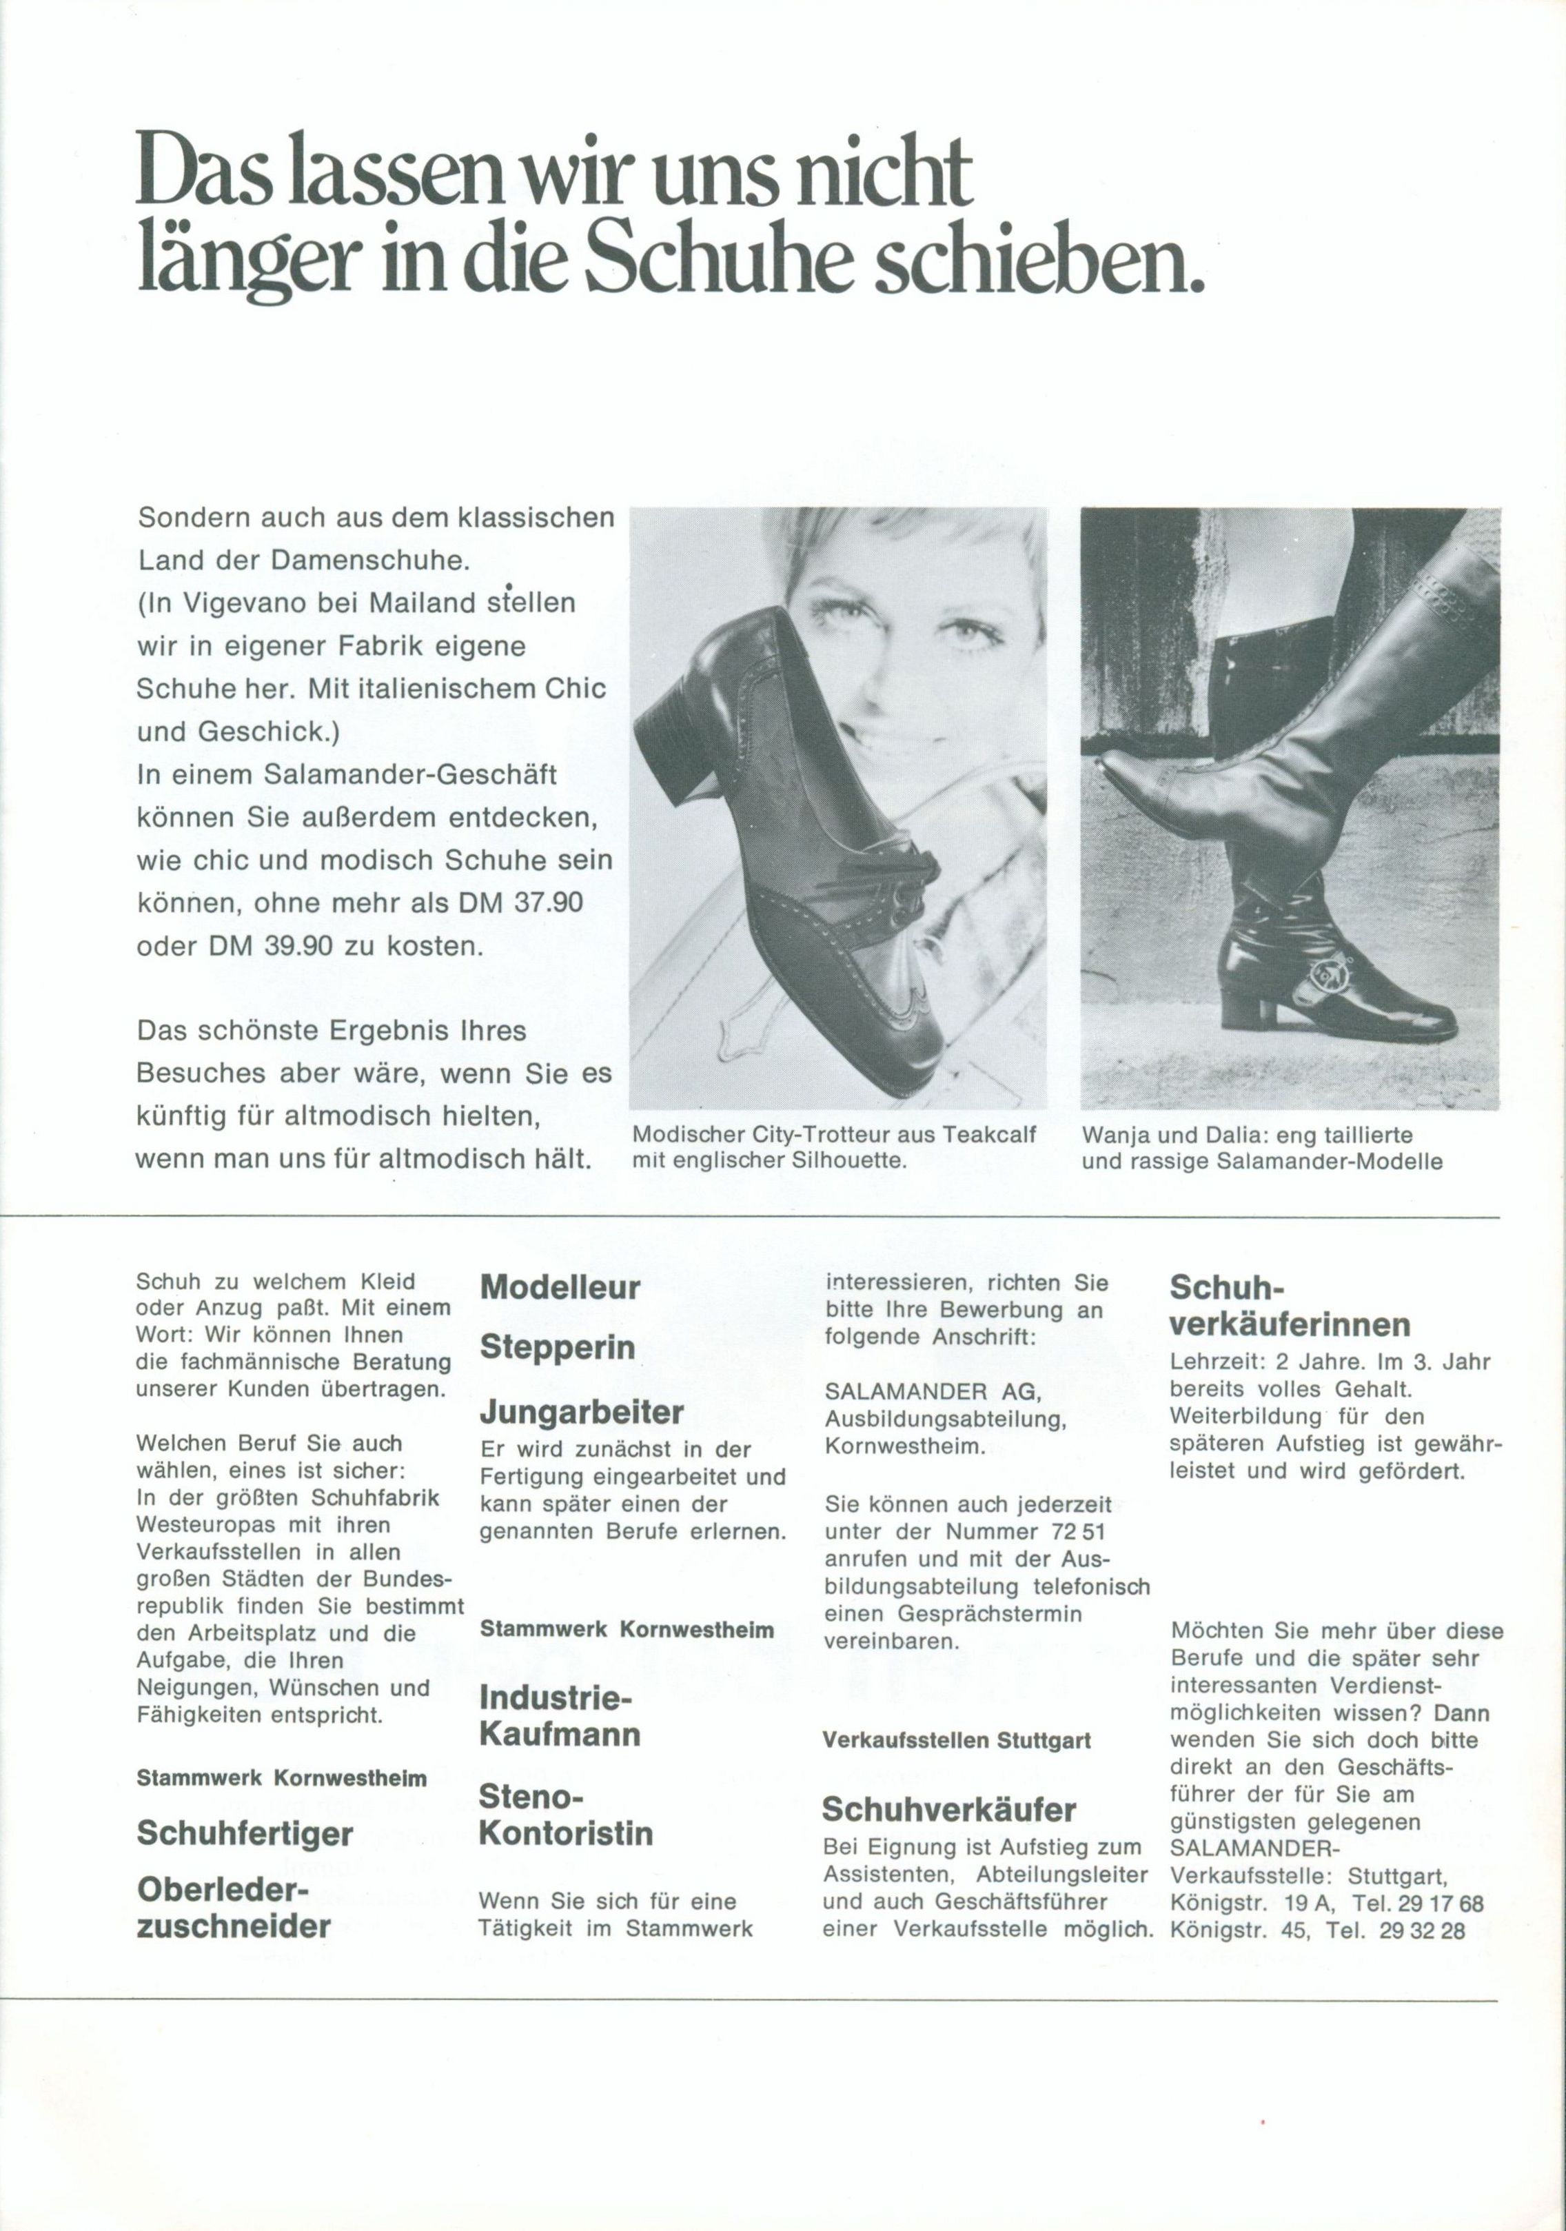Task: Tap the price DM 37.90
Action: click(x=520, y=902)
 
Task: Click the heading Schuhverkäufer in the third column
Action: click(x=949, y=1809)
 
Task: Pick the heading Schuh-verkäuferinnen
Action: click(x=1289, y=1305)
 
